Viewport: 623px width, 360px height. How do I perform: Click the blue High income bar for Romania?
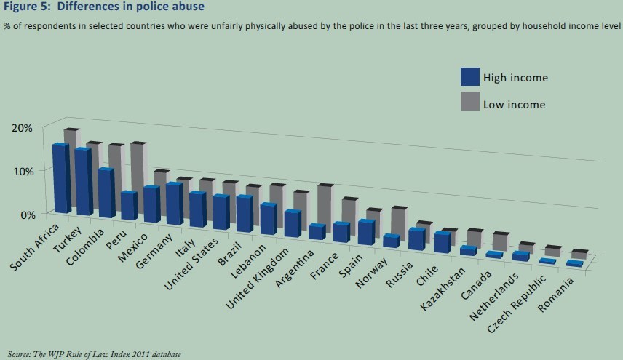(x=574, y=263)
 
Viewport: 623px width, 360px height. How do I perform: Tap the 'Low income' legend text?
(x=515, y=104)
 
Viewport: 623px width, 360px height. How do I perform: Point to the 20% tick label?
(x=22, y=128)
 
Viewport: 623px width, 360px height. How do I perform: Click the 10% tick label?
(x=22, y=172)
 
